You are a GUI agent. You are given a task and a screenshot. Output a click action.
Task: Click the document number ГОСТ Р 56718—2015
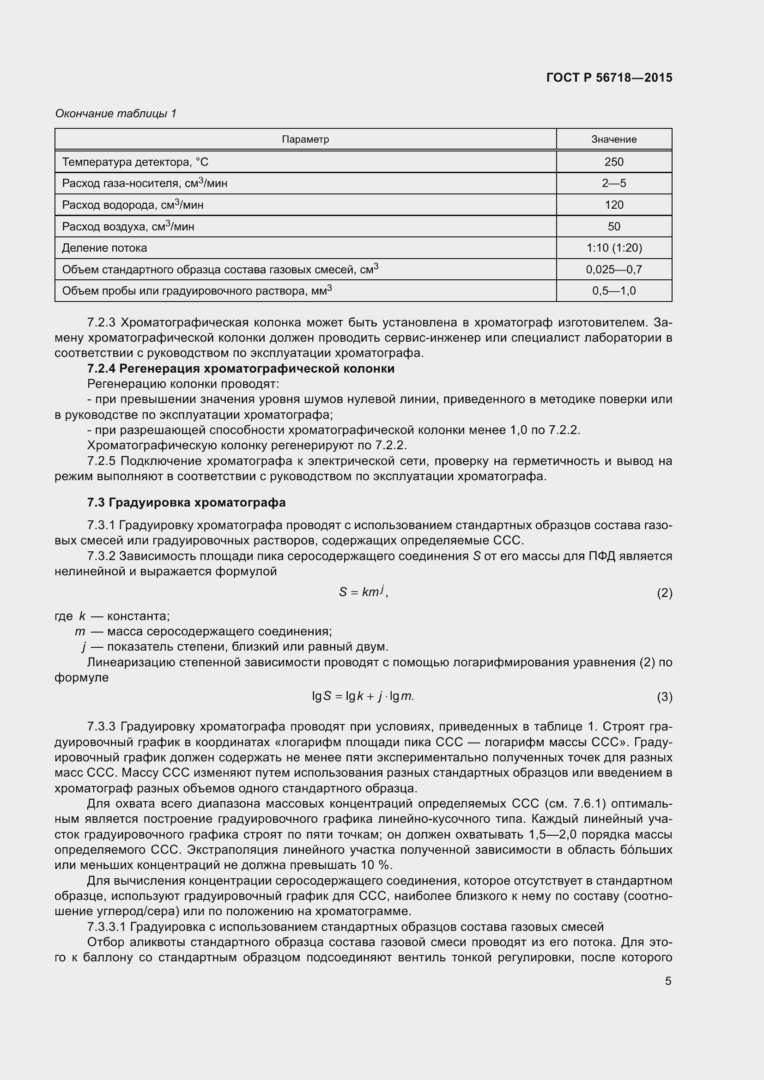pyautogui.click(x=609, y=78)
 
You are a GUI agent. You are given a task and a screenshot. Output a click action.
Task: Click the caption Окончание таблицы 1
pyautogui.click(x=116, y=114)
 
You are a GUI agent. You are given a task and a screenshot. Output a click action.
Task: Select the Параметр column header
pyautogui.click(x=305, y=139)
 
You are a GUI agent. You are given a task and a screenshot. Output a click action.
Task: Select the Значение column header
pyautogui.click(x=613, y=139)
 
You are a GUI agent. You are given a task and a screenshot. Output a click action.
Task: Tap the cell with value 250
pyautogui.click(x=613, y=162)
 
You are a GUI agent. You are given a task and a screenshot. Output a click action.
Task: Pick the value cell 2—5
pyautogui.click(x=613, y=183)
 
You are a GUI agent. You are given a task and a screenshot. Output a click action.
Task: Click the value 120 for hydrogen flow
pyautogui.click(x=613, y=205)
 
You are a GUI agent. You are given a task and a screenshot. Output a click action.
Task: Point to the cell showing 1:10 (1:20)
pyautogui.click(x=613, y=248)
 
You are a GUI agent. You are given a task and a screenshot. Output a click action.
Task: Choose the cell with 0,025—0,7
pyautogui.click(x=613, y=270)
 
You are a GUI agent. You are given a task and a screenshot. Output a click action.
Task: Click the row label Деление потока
pyautogui.click(x=104, y=248)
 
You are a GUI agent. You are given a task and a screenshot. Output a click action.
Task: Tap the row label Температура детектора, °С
pyautogui.click(x=135, y=162)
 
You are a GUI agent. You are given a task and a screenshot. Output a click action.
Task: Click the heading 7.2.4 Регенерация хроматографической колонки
pyautogui.click(x=241, y=369)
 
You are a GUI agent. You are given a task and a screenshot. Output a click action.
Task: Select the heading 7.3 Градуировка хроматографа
pyautogui.click(x=186, y=502)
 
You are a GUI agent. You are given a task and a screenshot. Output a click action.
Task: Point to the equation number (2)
pyautogui.click(x=664, y=593)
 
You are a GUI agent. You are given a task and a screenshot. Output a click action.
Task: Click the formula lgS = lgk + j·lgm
pyautogui.click(x=363, y=696)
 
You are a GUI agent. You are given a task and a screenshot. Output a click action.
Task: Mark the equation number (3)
pyautogui.click(x=664, y=697)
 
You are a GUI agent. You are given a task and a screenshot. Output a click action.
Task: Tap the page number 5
pyautogui.click(x=668, y=981)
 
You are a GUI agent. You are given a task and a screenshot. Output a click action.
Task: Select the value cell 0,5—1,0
pyautogui.click(x=613, y=291)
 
